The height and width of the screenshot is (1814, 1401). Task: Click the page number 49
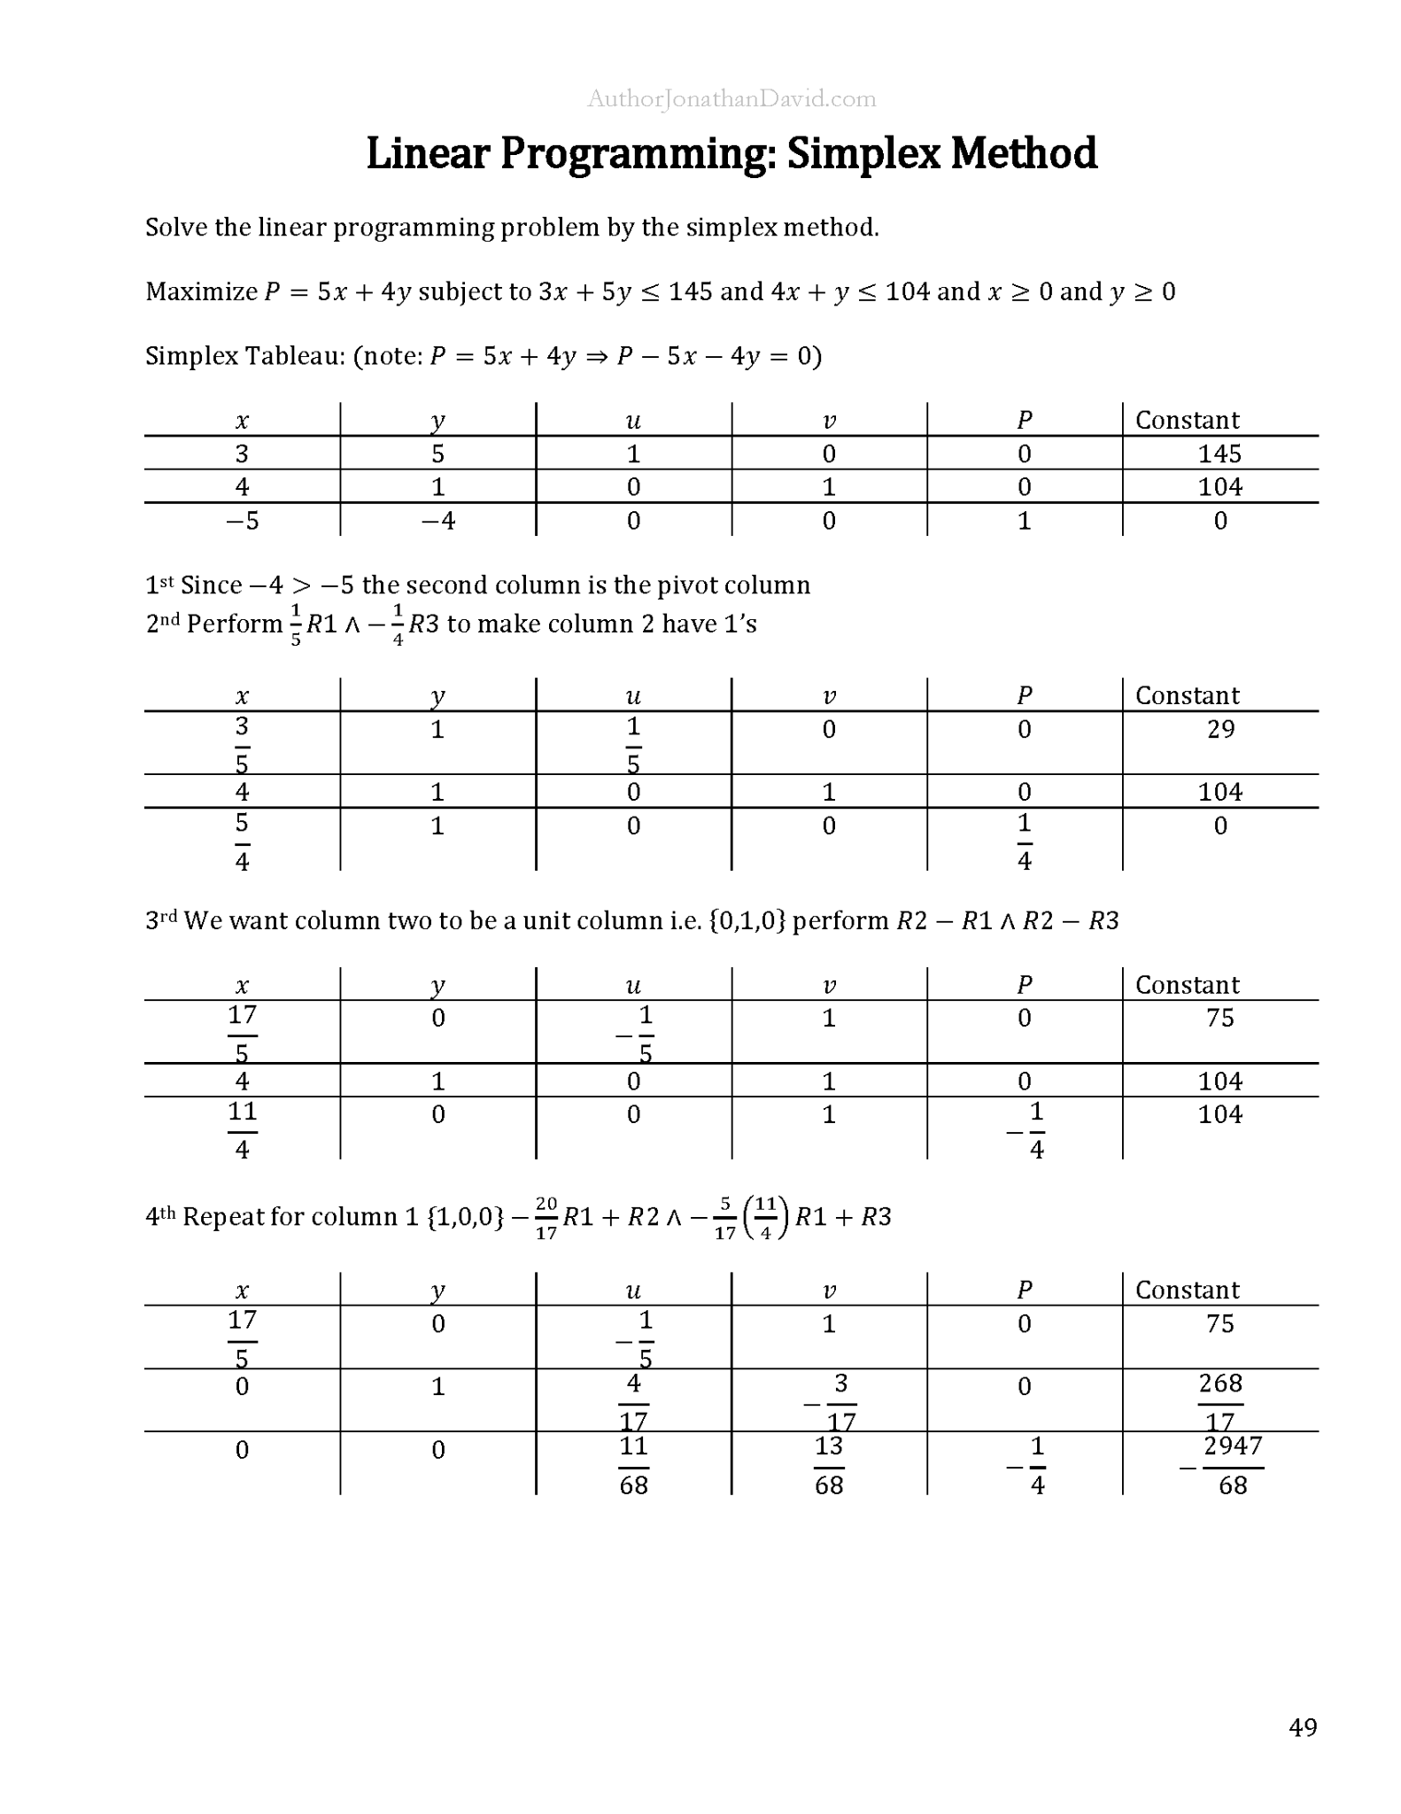(x=1303, y=1727)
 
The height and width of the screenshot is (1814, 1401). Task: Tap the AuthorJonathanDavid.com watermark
(x=731, y=99)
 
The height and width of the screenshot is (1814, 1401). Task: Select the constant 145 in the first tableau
(x=1219, y=453)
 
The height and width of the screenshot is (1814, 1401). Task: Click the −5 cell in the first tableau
(x=242, y=521)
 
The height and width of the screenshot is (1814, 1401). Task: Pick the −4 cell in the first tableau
(x=437, y=521)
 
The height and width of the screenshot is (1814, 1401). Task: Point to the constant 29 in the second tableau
(x=1220, y=729)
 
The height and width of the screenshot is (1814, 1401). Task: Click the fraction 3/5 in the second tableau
(x=242, y=744)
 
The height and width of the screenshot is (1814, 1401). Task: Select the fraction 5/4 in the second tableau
(x=242, y=841)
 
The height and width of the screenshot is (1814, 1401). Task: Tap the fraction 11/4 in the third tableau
(x=242, y=1129)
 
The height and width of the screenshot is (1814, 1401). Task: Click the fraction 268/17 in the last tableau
(x=1219, y=1402)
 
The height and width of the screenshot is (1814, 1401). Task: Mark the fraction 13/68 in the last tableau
(x=829, y=1465)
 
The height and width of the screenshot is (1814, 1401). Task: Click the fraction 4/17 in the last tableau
(x=633, y=1402)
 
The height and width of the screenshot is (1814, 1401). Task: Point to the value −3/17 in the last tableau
(x=832, y=1402)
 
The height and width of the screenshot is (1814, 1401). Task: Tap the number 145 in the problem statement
(x=690, y=291)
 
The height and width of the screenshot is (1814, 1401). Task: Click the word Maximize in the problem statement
(x=201, y=291)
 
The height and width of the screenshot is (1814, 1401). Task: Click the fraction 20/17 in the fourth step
(x=546, y=1217)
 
